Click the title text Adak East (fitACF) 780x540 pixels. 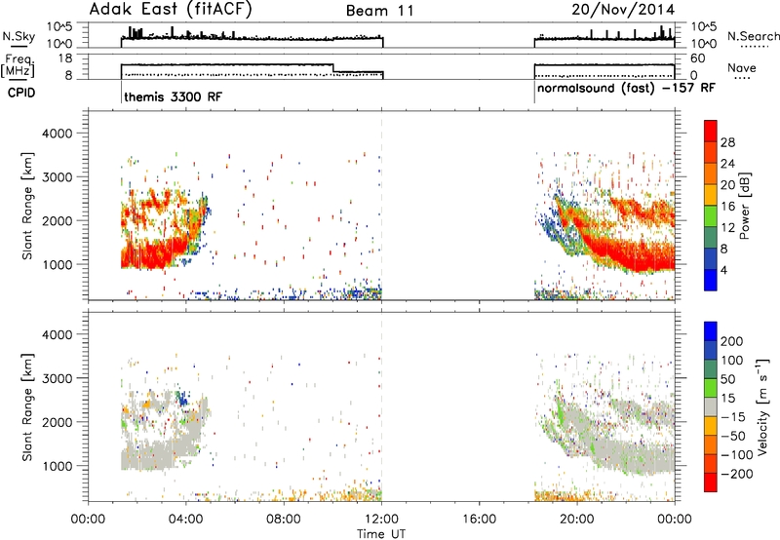(x=171, y=10)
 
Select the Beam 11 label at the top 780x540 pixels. (x=379, y=11)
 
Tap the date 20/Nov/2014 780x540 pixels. (x=623, y=10)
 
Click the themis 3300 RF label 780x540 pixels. (x=174, y=96)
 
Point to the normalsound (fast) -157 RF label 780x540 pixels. (x=626, y=88)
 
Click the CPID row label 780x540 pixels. (x=20, y=93)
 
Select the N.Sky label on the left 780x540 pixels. (x=19, y=36)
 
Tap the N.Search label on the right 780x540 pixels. (x=753, y=36)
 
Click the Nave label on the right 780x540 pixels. (x=741, y=67)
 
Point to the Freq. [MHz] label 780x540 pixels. (x=19, y=65)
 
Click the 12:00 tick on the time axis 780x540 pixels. (x=381, y=520)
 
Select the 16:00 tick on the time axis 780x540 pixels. (x=479, y=520)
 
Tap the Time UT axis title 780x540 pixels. (x=381, y=534)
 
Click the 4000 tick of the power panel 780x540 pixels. (x=57, y=134)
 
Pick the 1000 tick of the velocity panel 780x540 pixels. (x=57, y=466)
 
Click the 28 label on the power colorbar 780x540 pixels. (x=727, y=142)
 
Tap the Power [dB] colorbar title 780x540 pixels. (x=745, y=206)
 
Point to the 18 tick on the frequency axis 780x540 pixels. (x=65, y=58)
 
